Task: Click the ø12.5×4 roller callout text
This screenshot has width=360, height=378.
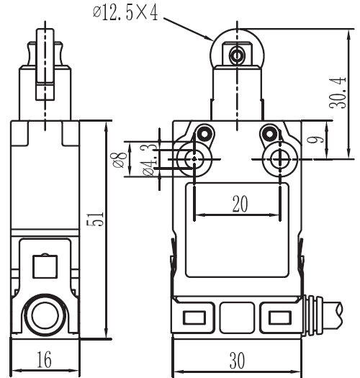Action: (125, 13)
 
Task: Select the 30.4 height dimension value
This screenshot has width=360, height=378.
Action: (338, 93)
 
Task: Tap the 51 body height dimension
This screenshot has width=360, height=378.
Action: (95, 219)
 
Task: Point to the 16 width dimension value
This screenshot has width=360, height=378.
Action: (44, 359)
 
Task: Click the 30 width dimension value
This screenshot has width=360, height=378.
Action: (238, 361)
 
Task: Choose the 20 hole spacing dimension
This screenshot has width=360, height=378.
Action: (240, 204)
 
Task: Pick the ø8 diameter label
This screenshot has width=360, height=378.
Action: (118, 160)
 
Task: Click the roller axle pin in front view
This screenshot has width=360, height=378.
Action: (237, 55)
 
